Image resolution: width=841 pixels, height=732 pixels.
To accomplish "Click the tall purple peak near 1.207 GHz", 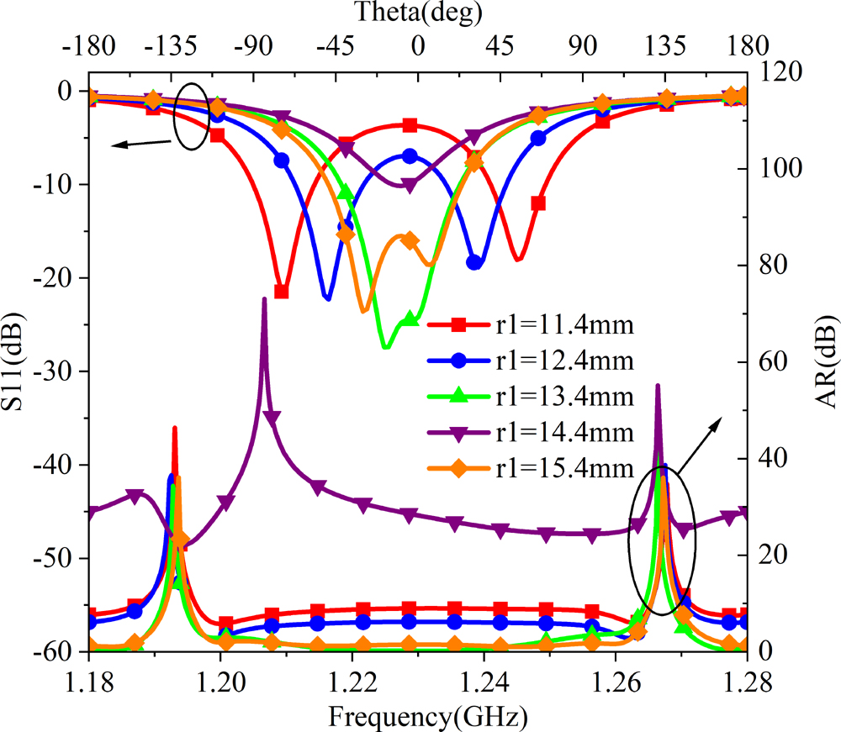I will (264, 301).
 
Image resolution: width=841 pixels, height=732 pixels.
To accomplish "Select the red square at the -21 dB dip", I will (282, 292).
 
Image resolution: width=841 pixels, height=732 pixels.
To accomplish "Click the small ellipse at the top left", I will (191, 117).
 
